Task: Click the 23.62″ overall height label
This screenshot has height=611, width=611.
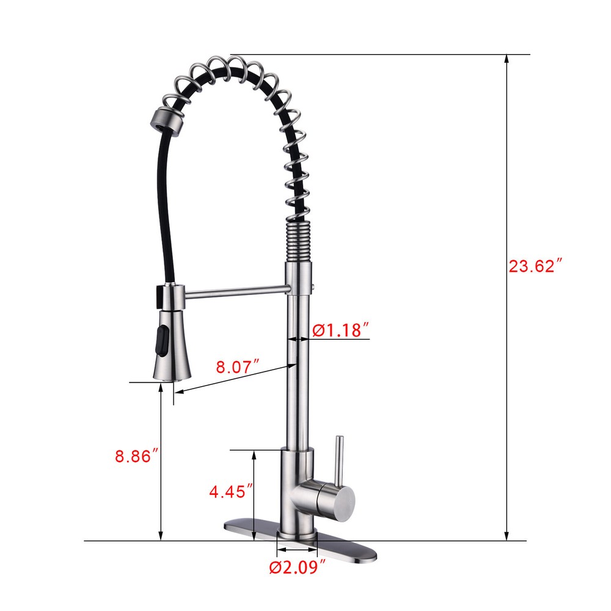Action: pyautogui.click(x=535, y=266)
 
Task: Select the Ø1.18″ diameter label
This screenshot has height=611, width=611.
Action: pyautogui.click(x=341, y=330)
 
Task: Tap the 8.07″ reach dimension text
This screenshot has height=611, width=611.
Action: pyautogui.click(x=238, y=367)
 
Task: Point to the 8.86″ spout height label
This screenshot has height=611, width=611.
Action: pyautogui.click(x=137, y=456)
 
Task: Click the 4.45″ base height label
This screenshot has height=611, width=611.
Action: pyautogui.click(x=231, y=491)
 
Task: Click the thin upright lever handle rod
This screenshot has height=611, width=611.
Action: pyautogui.click(x=340, y=458)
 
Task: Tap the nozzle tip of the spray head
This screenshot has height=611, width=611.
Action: pyautogui.click(x=170, y=376)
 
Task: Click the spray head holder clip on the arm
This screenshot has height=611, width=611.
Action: pyautogui.click(x=170, y=295)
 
